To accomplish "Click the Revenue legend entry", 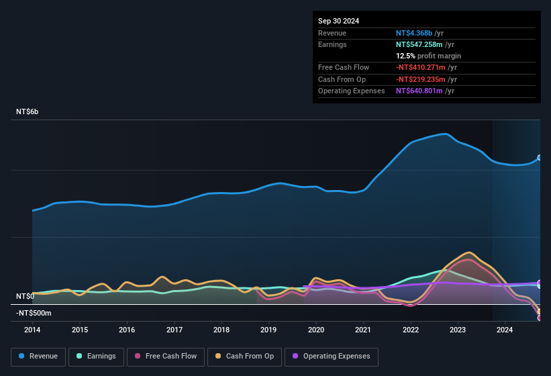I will click(39, 357).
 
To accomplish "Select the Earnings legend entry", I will click(96, 357).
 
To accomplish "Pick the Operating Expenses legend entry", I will click(332, 357).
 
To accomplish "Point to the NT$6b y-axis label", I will click(28, 111).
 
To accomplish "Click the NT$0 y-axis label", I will click(25, 296).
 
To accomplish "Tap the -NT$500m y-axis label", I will click(34, 313).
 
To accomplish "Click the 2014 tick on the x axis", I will click(32, 330).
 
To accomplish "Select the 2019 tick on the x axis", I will click(268, 330).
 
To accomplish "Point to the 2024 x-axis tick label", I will click(505, 330).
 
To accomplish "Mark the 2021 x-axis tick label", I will click(363, 330).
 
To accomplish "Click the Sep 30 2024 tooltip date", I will click(338, 21).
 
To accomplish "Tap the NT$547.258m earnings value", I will click(419, 44).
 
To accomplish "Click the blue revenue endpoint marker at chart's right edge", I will click(540, 158).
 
